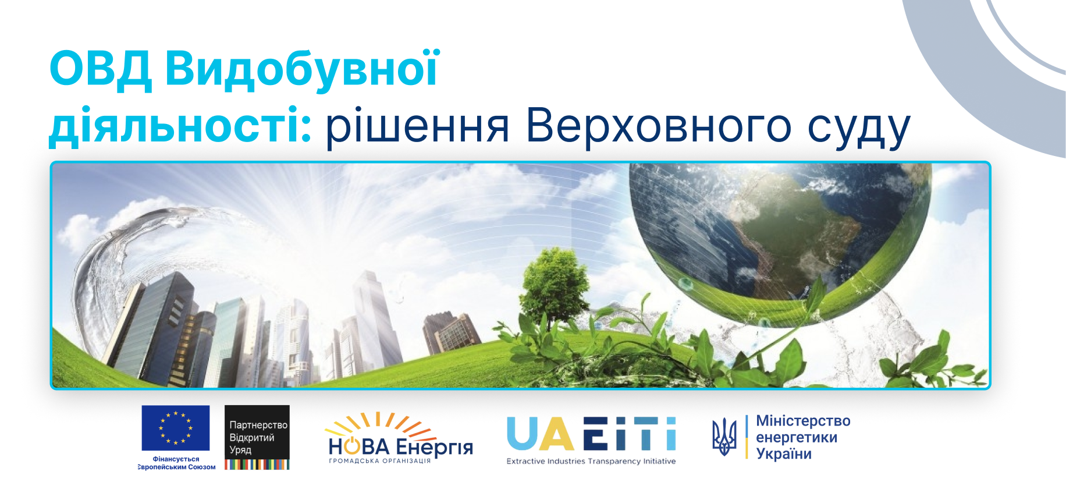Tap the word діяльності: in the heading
181,125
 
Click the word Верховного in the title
659,126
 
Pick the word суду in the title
858,129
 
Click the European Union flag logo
175,428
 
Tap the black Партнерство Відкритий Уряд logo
257,437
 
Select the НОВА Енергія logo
400,438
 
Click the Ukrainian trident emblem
724,437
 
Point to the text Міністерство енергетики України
803,437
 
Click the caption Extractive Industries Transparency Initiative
591,461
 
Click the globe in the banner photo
780,245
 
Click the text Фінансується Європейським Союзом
177,463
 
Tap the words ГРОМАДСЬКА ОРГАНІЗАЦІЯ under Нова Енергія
380,460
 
